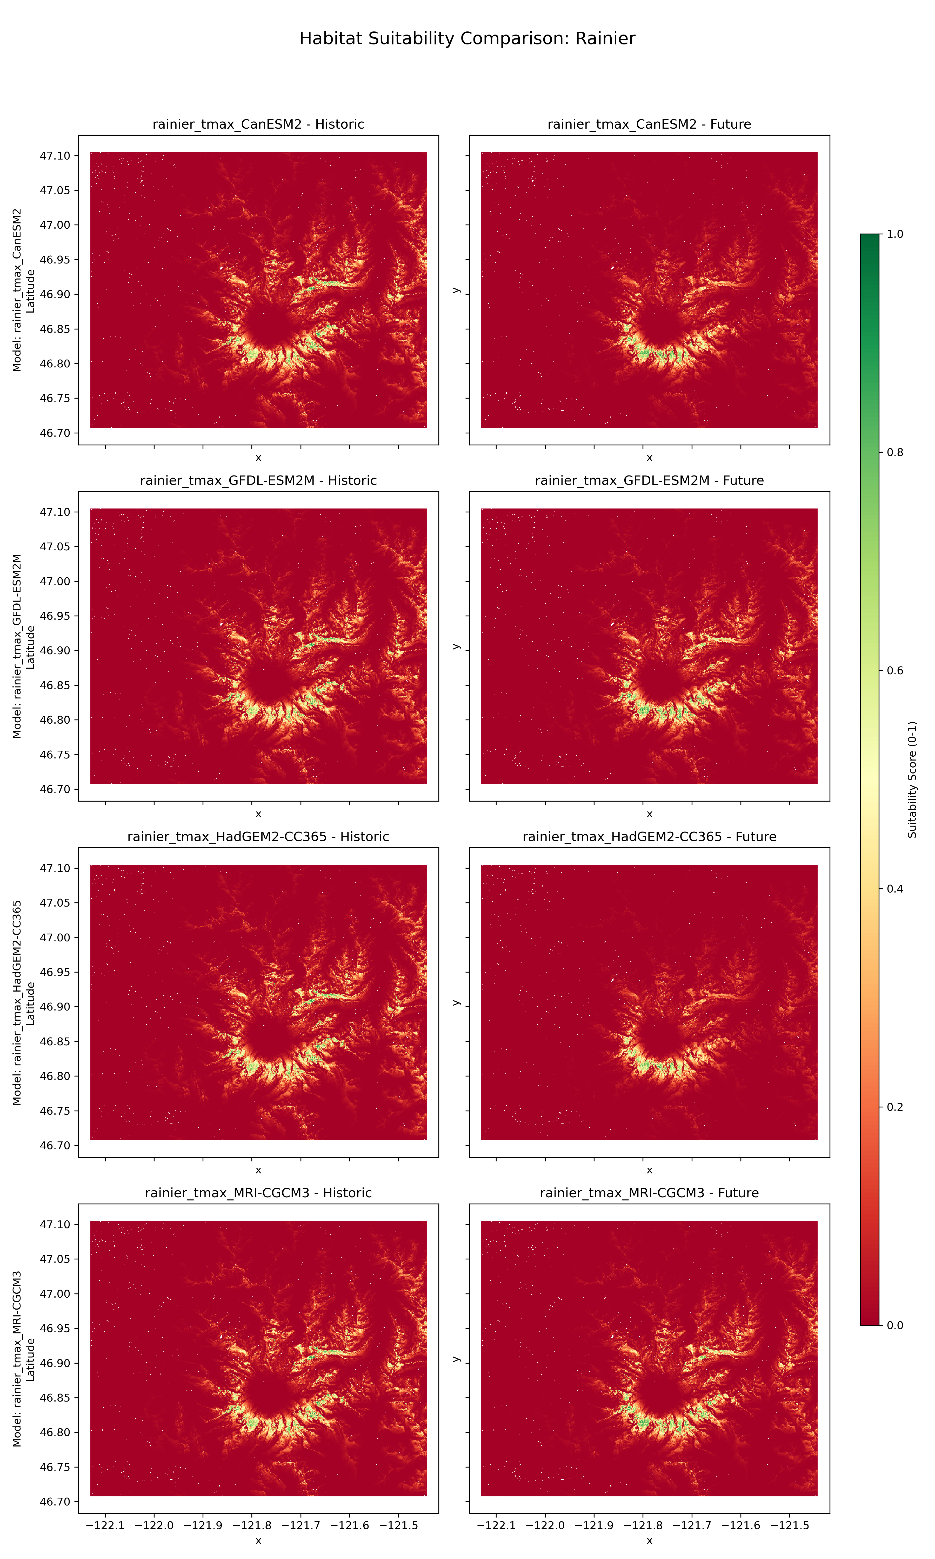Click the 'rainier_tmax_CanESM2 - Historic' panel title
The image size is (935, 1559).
pyautogui.click(x=258, y=124)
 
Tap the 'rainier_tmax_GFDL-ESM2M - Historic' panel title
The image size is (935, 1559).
pyautogui.click(x=258, y=480)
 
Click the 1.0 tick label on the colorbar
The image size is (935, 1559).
pyautogui.click(x=895, y=234)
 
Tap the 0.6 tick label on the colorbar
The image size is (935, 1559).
pyautogui.click(x=895, y=670)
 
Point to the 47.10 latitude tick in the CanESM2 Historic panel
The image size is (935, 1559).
pyautogui.click(x=55, y=156)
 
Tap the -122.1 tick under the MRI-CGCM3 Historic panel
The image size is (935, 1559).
pyautogui.click(x=105, y=1525)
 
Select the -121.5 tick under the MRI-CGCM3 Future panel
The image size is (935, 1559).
pyautogui.click(x=790, y=1525)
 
